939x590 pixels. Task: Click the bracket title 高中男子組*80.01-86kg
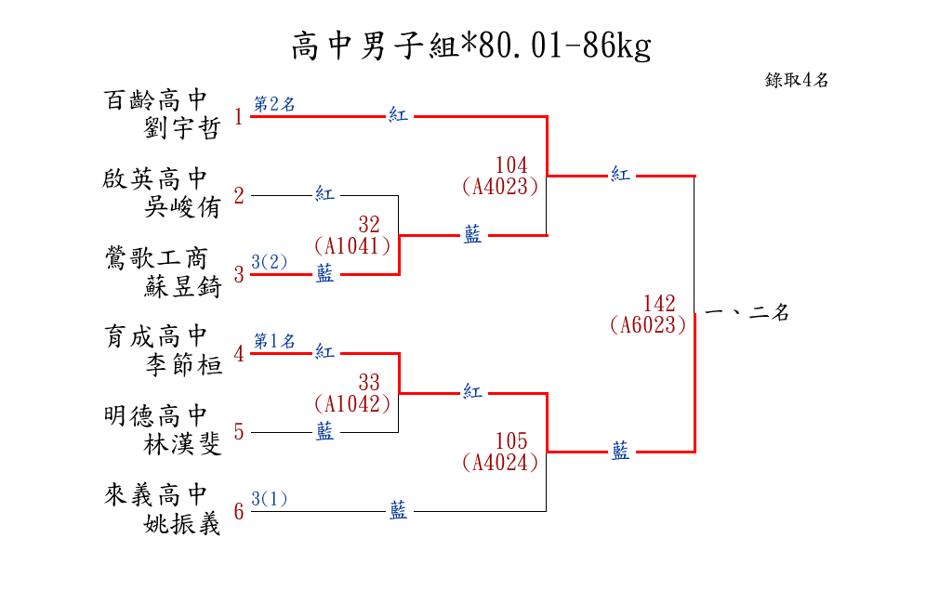(470, 46)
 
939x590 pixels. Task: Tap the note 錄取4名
(797, 80)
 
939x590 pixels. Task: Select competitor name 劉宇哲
(182, 128)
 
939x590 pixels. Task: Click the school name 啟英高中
(155, 178)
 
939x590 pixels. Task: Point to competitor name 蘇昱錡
(182, 287)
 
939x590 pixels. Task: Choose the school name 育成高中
(155, 336)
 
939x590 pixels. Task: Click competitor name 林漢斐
(182, 445)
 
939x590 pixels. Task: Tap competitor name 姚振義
(182, 524)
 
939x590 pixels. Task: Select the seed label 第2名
(274, 104)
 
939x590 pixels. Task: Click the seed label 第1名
(274, 341)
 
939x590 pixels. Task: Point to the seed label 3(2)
(270, 262)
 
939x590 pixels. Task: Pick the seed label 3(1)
(270, 499)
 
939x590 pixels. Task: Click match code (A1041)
(352, 246)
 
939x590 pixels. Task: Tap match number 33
(369, 382)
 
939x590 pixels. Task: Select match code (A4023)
(500, 187)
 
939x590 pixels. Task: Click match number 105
(511, 440)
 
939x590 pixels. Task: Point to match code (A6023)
(648, 325)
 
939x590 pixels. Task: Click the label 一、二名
(747, 313)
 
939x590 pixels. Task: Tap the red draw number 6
(239, 512)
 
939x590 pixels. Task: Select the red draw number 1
(239, 117)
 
